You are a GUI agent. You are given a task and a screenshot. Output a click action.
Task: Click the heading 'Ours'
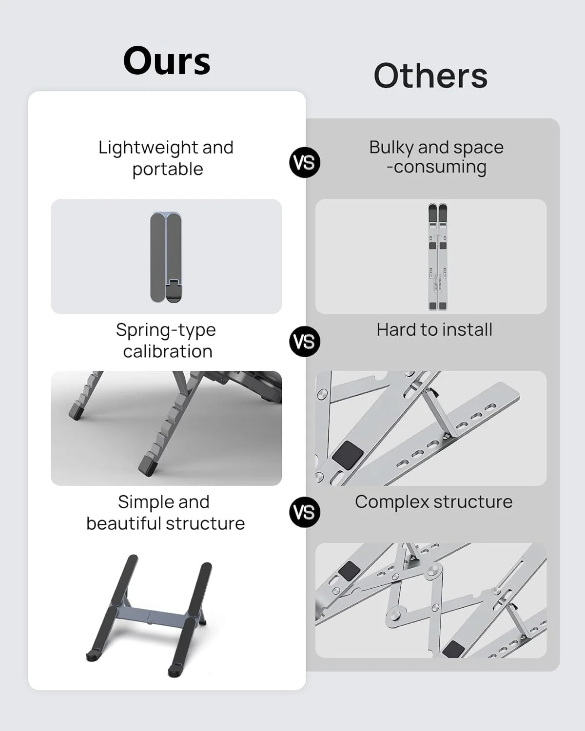[167, 61]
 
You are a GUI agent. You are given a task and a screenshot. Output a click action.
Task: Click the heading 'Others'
[430, 76]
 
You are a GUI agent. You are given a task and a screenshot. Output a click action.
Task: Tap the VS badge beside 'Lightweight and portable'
[305, 162]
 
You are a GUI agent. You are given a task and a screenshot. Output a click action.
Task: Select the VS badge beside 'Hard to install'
[305, 342]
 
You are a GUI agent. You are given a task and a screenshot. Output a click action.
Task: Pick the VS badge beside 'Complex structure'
[305, 512]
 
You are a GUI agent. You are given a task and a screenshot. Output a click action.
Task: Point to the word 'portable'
[168, 170]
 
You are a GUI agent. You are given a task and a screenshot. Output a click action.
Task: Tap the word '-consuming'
[436, 168]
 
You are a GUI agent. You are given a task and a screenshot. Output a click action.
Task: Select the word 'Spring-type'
[166, 330]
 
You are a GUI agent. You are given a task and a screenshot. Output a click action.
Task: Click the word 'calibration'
[168, 351]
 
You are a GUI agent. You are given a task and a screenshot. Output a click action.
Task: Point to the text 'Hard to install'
[434, 330]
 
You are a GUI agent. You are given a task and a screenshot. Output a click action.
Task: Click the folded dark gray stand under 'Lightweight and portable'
[166, 257]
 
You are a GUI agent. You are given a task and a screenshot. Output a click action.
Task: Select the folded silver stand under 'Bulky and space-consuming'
[437, 257]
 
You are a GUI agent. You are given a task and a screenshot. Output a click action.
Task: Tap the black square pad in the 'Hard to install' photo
[348, 456]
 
